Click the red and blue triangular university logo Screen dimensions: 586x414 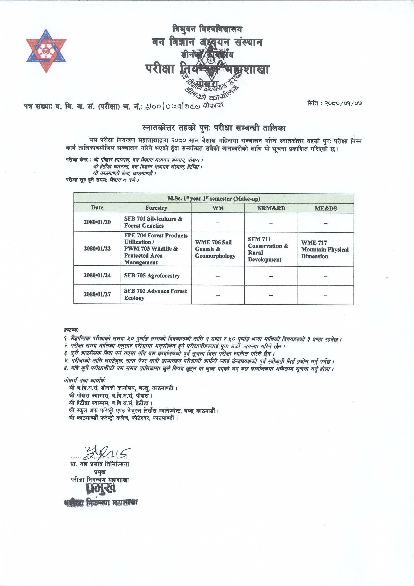point(46,51)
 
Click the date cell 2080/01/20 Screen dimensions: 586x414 point(97,222)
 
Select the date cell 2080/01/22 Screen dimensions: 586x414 point(97,249)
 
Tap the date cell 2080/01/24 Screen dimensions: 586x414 point(97,275)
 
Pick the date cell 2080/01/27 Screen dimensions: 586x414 point(97,294)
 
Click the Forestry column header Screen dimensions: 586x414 point(156,208)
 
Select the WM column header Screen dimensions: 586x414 point(218,208)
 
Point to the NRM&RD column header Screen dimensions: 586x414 point(271,208)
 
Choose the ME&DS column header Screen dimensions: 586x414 point(326,209)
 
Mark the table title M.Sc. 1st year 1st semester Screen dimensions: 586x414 point(213,198)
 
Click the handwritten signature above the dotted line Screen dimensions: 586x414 point(107,453)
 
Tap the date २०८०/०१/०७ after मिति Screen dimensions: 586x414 point(343,103)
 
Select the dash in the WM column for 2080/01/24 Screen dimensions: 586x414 point(218,276)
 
